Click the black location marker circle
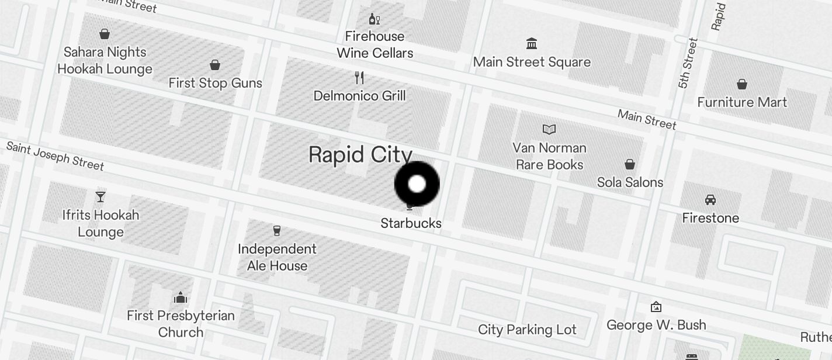coord(417,184)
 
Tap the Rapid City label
coord(360,155)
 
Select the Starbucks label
coord(411,223)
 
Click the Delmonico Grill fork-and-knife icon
coord(360,77)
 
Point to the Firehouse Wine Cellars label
coord(375,44)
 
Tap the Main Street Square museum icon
coord(532,43)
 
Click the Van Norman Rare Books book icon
coord(549,129)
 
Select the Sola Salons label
coord(630,182)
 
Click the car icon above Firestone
coord(710,200)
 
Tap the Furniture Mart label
coord(742,102)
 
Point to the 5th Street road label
coord(688,63)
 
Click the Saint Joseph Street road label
coord(55,155)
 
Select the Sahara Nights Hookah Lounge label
coord(105,60)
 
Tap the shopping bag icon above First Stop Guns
coord(215,64)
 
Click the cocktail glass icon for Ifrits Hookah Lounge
coord(100,197)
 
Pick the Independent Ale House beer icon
coord(277,231)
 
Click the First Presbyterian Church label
coord(181,324)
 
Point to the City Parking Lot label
coord(527,330)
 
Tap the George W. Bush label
coord(656,325)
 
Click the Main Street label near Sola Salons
coord(647,119)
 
